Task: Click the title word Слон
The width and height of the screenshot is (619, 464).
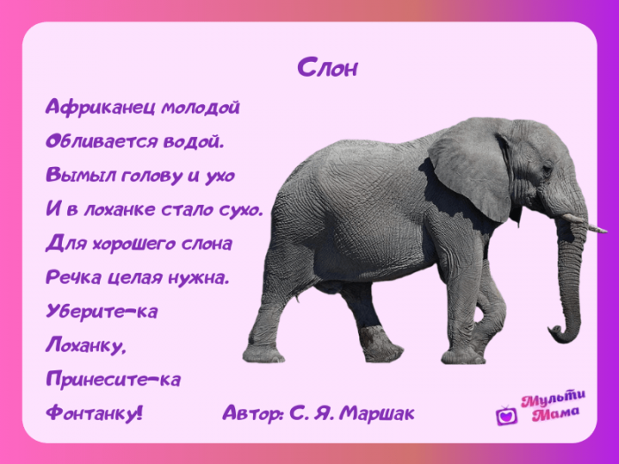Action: tap(327, 67)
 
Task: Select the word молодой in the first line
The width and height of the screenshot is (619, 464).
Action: tap(200, 107)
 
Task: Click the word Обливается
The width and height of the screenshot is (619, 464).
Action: tap(102, 141)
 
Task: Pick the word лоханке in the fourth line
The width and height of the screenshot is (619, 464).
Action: tap(119, 209)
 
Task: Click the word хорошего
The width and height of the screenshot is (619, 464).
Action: tap(134, 243)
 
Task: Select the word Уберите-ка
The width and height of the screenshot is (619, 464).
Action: tap(102, 311)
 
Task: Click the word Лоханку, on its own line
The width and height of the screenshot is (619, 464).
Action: tap(86, 346)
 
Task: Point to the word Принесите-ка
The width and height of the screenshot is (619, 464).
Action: tap(113, 379)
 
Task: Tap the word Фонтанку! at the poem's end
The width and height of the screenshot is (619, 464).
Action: tap(94, 413)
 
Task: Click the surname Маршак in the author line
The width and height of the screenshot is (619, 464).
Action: tap(377, 413)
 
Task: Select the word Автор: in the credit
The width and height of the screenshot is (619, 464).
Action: tap(254, 413)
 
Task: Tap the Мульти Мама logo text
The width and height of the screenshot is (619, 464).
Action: tap(554, 406)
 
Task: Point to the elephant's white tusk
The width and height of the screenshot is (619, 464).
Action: tap(584, 223)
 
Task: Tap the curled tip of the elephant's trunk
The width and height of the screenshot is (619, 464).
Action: tap(557, 334)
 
